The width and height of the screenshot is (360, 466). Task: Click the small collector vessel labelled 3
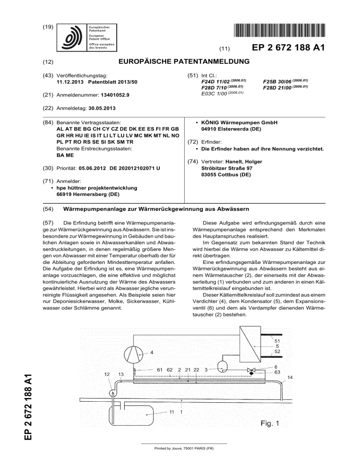[222, 366]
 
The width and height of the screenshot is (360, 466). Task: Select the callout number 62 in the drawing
[170, 370]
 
